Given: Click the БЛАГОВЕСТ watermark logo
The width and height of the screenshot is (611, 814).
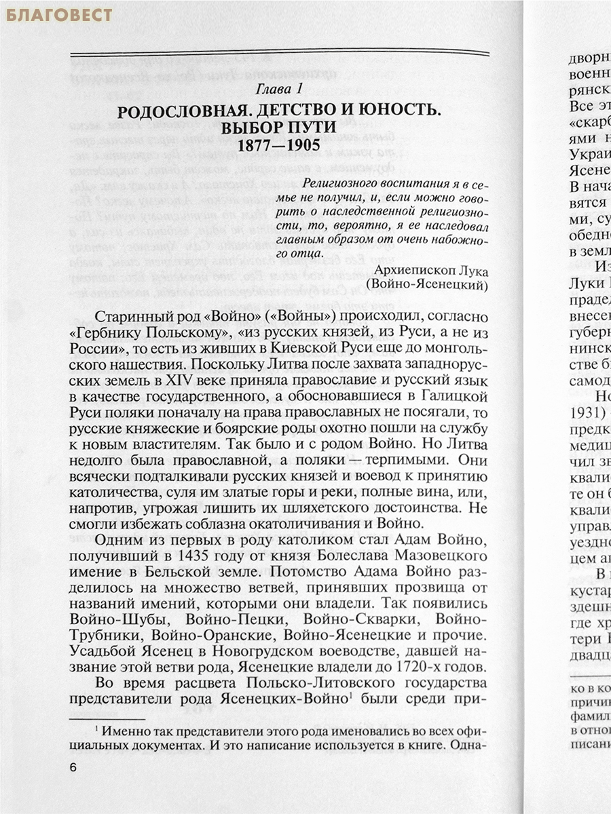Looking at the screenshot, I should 59,14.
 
